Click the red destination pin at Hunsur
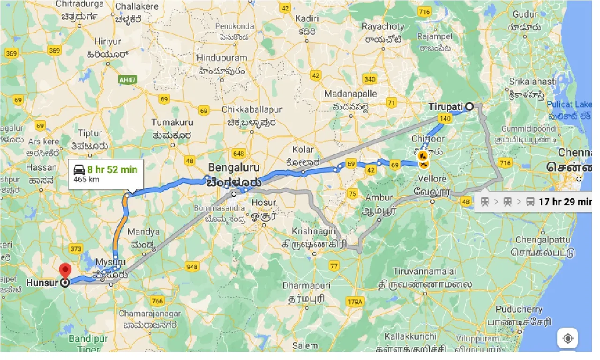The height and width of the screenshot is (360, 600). [x=65, y=270]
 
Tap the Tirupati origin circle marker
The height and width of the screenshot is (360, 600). [x=469, y=106]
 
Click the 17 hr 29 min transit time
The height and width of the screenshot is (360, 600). [x=564, y=202]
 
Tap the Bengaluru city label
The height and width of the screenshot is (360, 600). [x=233, y=167]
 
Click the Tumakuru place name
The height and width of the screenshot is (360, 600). [x=172, y=122]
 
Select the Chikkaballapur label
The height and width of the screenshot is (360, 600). [x=252, y=109]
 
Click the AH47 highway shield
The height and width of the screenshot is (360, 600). [x=127, y=80]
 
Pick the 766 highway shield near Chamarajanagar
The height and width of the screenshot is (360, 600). [x=157, y=300]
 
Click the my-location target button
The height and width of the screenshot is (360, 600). [x=568, y=338]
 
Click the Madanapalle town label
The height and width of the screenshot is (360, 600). [x=350, y=94]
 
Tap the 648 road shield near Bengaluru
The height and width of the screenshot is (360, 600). [x=238, y=153]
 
